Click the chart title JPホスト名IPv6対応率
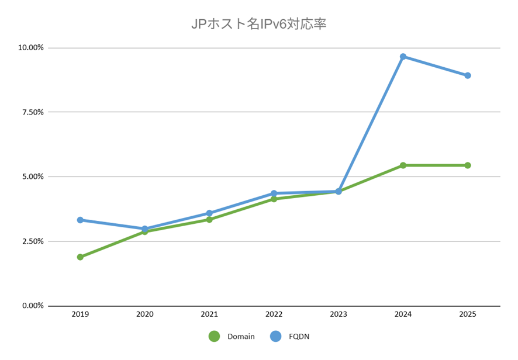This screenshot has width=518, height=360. [x=259, y=25]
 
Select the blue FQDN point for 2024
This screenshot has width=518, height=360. [x=403, y=57]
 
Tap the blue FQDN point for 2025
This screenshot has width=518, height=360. [x=468, y=75]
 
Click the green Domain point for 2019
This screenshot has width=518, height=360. [x=80, y=257]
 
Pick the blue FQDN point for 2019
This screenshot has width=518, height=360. [x=80, y=220]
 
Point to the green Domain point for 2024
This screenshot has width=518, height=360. [x=403, y=165]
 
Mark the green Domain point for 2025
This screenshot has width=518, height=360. [x=468, y=165]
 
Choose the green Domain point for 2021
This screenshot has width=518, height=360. [x=209, y=219]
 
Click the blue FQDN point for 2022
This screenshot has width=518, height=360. [x=274, y=193]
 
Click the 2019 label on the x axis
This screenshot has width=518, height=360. [x=80, y=314]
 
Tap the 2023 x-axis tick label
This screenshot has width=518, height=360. [x=339, y=314]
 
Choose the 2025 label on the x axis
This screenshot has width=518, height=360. [x=468, y=314]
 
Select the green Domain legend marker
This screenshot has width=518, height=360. [x=214, y=337]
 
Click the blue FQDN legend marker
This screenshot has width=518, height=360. [x=276, y=337]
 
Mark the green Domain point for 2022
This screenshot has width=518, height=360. [x=274, y=199]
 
